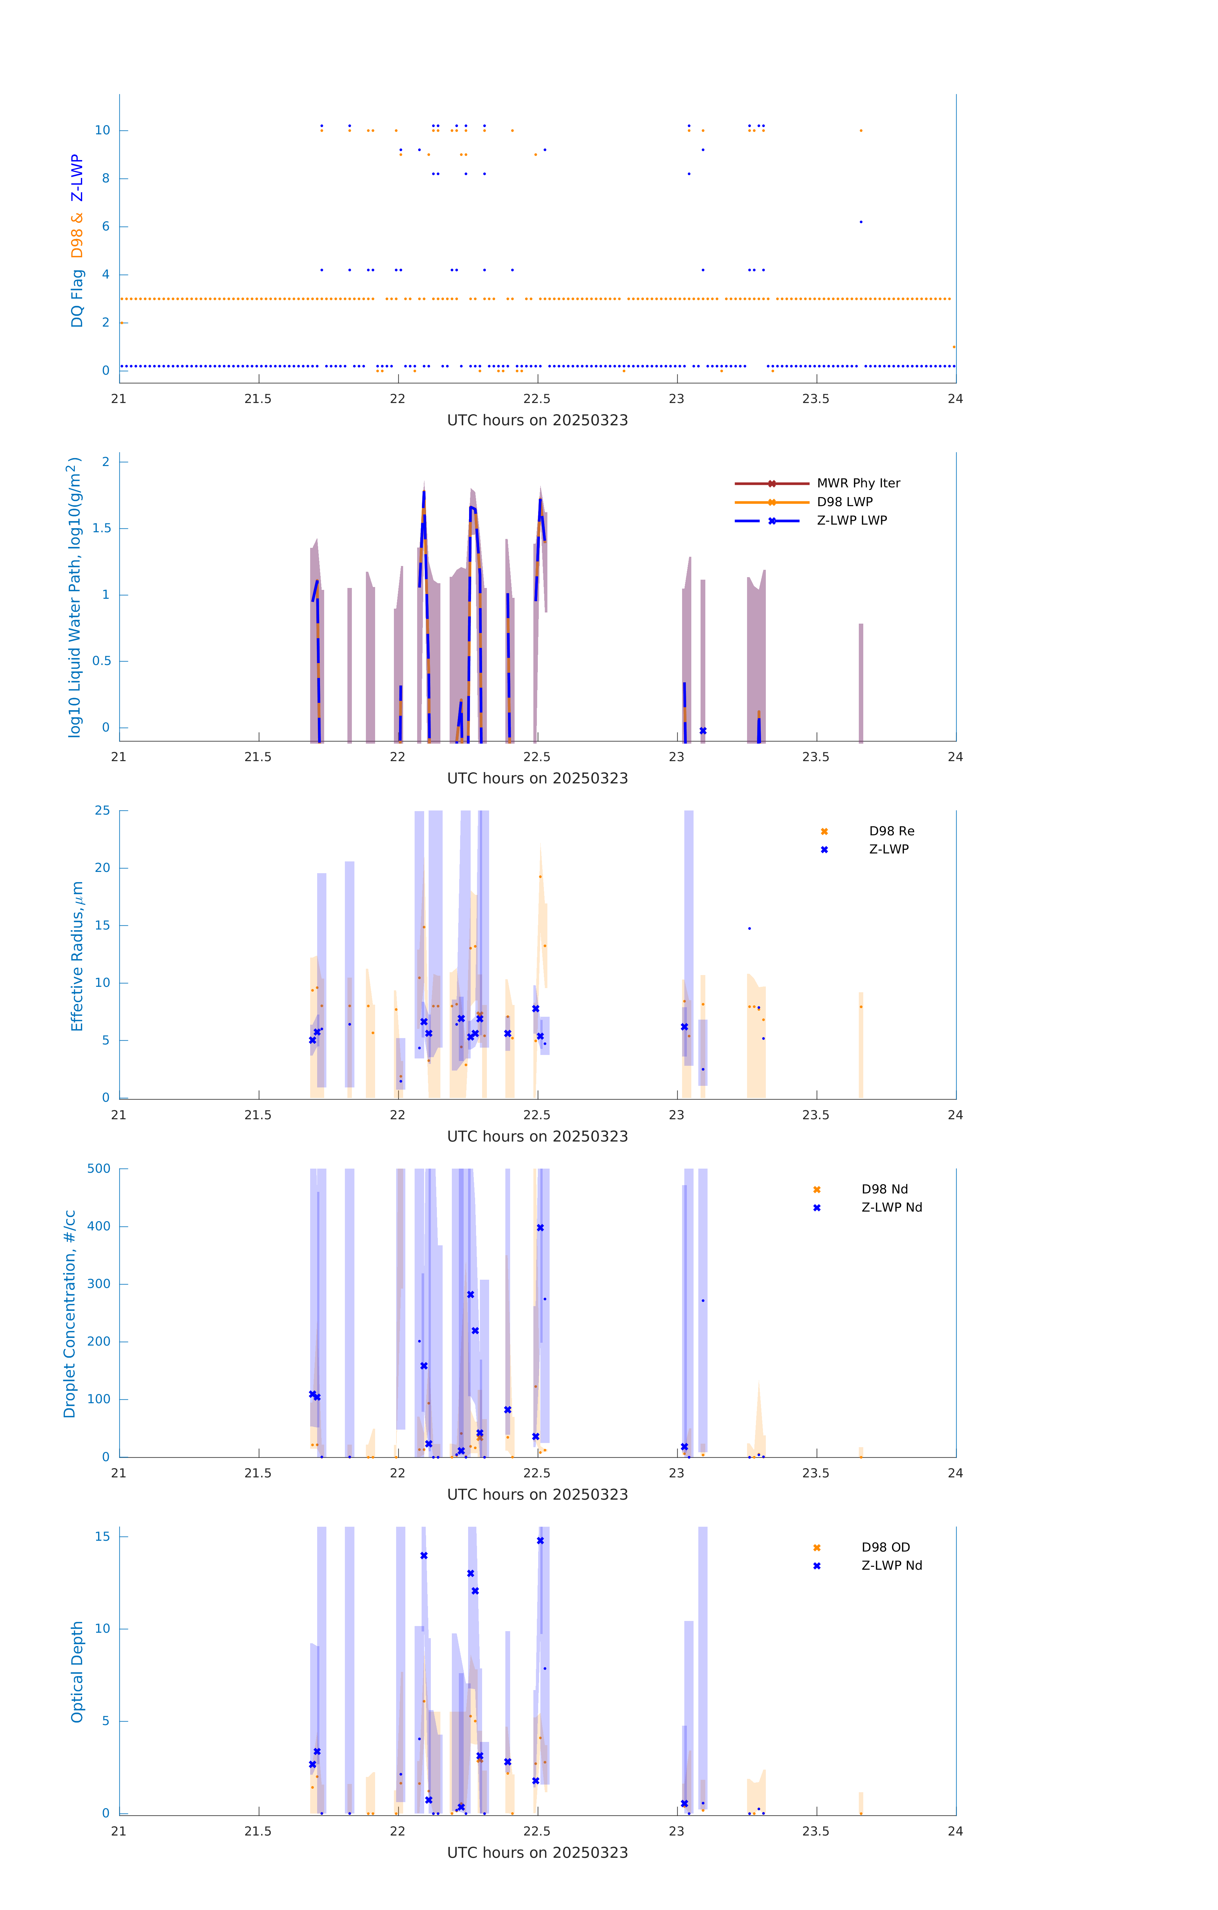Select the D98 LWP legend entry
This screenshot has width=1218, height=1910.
(x=844, y=502)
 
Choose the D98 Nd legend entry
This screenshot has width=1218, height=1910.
(x=884, y=1189)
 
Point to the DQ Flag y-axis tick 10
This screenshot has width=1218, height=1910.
(x=102, y=130)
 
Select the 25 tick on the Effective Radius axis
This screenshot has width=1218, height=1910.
(x=102, y=811)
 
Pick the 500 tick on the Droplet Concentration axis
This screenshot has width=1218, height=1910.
(x=99, y=1168)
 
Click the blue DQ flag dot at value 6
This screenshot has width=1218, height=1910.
(x=861, y=222)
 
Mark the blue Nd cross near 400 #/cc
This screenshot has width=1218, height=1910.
(x=540, y=1228)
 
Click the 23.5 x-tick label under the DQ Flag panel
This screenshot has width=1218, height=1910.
(x=816, y=399)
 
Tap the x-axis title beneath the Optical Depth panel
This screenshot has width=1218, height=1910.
(x=537, y=1853)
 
